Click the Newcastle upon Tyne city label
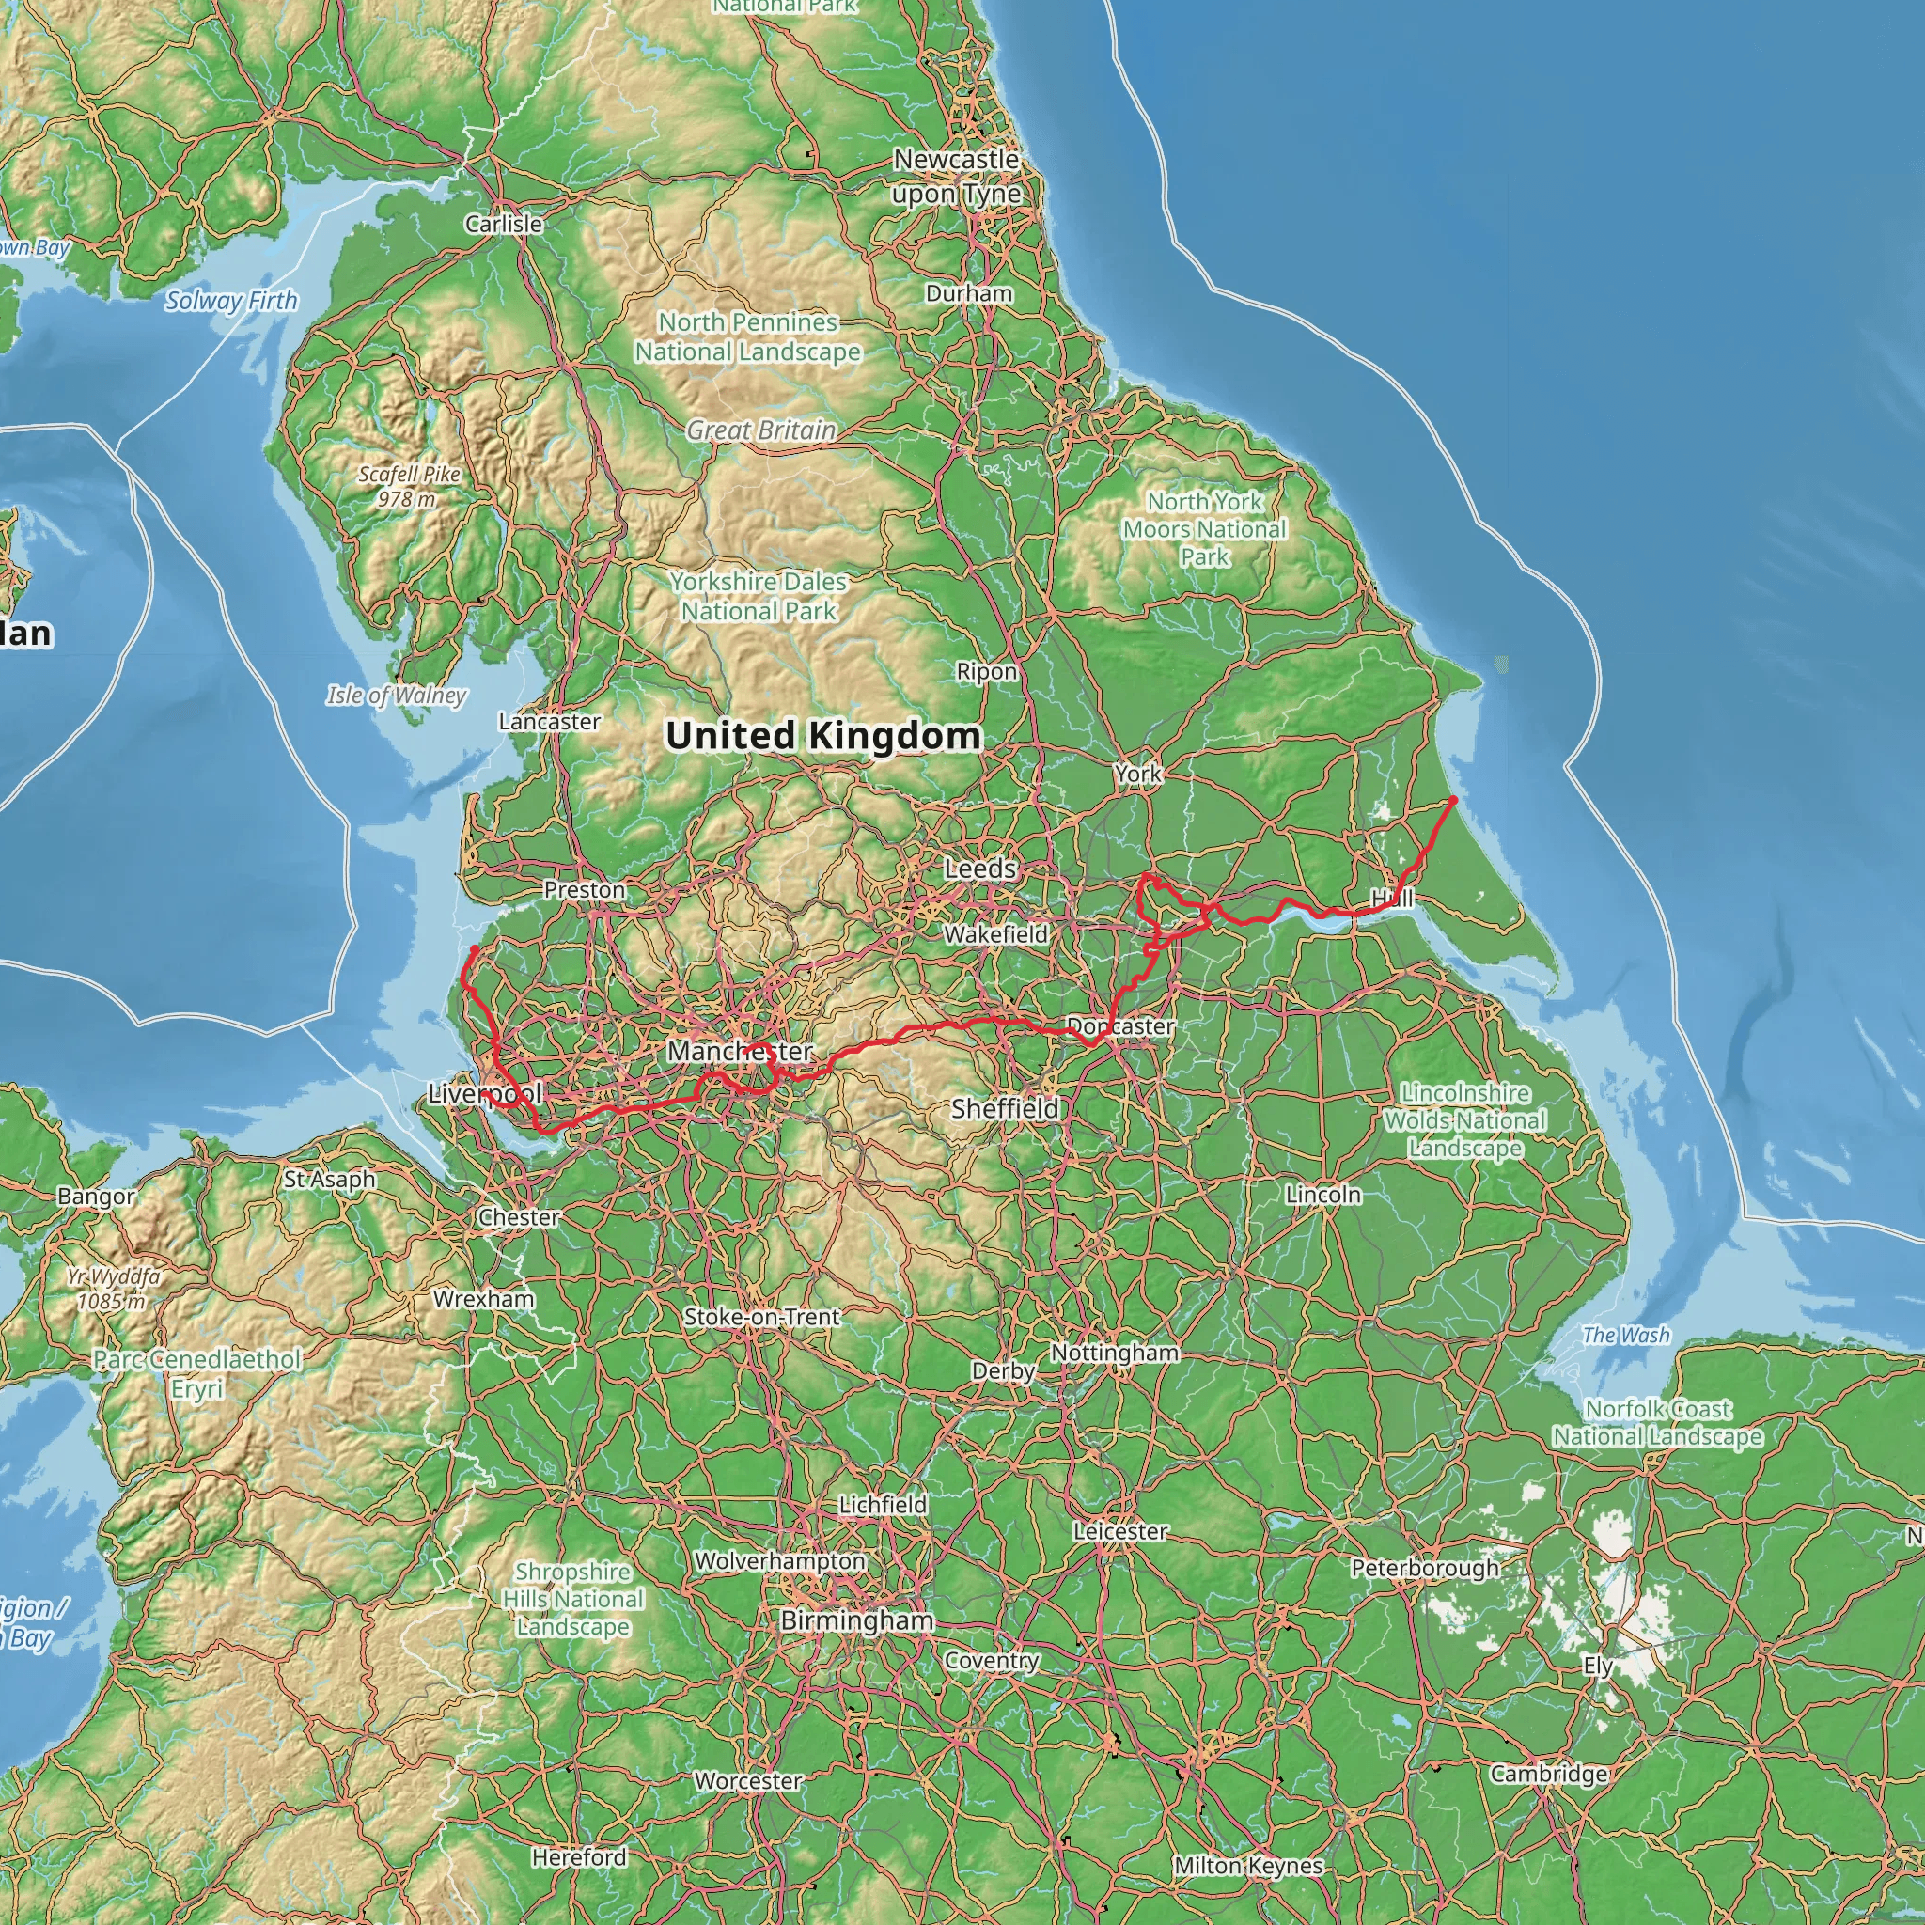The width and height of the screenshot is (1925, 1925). [x=957, y=177]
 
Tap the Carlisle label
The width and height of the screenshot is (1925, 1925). [x=504, y=225]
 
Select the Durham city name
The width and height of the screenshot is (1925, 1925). [x=968, y=294]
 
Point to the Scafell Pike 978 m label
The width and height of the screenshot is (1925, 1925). [x=409, y=486]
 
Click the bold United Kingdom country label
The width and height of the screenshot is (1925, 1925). [x=823, y=736]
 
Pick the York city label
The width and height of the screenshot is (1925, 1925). [x=1138, y=775]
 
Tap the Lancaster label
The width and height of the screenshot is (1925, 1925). [x=549, y=721]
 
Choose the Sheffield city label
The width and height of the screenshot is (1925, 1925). [x=1005, y=1108]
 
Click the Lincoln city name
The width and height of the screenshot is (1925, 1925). [x=1322, y=1195]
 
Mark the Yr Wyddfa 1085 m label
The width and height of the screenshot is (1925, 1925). [x=114, y=1289]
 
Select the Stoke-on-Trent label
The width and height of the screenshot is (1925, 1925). [x=761, y=1317]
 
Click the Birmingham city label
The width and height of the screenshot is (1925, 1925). [x=857, y=1621]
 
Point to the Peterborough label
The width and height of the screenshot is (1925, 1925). [x=1424, y=1569]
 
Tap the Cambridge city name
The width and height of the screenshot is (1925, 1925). [x=1548, y=1774]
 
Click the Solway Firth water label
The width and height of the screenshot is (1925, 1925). [x=231, y=301]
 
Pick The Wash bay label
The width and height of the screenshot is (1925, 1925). [x=1625, y=1335]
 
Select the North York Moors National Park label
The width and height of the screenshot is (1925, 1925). [x=1205, y=529]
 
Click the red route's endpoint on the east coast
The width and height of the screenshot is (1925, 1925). [x=1454, y=799]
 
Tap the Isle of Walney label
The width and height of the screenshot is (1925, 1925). [x=397, y=696]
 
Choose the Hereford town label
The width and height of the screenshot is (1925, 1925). [x=579, y=1857]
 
